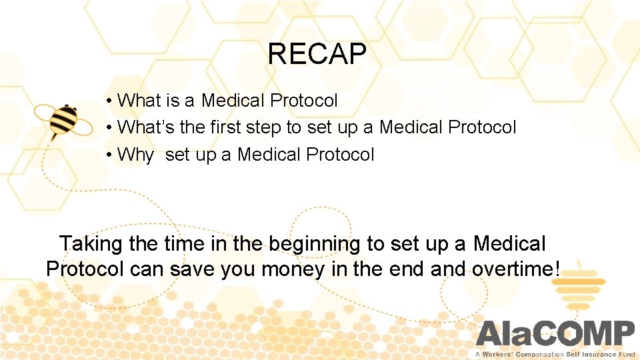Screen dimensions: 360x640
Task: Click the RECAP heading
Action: (x=317, y=54)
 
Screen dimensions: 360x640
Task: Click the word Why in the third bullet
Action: (x=135, y=155)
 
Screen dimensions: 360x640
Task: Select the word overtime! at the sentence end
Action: (x=516, y=270)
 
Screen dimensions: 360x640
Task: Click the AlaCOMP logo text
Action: (x=555, y=334)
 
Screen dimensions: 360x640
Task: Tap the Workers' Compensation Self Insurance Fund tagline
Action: (x=555, y=354)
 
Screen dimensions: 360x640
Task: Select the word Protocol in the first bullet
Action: (x=304, y=101)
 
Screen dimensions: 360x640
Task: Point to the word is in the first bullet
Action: (x=173, y=101)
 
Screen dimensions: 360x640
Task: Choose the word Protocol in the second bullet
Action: (x=483, y=127)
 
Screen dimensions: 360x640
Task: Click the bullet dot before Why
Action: (x=108, y=155)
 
